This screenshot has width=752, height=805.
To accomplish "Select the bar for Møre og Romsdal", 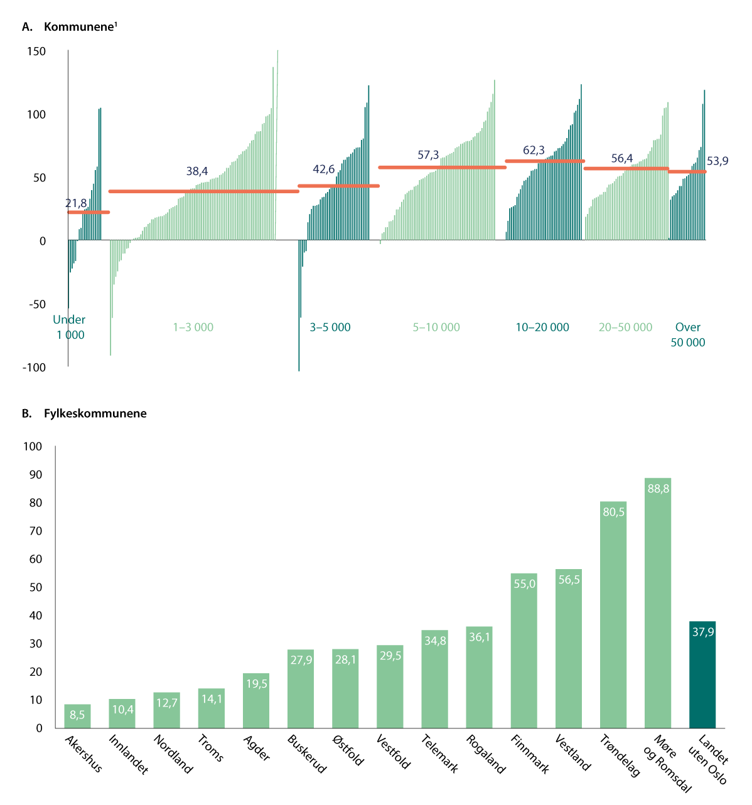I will [x=657, y=602].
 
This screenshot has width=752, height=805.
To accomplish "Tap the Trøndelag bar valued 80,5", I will [x=613, y=615].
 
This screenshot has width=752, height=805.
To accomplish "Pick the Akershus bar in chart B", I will [x=77, y=716].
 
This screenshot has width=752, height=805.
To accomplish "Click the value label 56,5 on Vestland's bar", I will [x=569, y=580].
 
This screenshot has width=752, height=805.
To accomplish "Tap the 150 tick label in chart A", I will [x=36, y=51].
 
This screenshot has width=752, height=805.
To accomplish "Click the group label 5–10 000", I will [x=436, y=327].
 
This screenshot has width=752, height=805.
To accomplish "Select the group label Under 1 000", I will [x=70, y=327].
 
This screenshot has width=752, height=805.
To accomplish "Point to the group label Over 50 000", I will [x=688, y=334].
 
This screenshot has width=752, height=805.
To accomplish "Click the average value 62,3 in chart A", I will [x=534, y=151].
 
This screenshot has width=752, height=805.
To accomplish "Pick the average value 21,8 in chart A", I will [x=76, y=203].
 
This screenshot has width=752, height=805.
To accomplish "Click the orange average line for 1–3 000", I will [x=203, y=191].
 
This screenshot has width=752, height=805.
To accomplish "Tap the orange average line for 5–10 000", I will [x=442, y=168].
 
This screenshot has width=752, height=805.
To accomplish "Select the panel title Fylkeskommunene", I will [x=95, y=413].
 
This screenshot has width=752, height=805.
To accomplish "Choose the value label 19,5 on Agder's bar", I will [x=256, y=683].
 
